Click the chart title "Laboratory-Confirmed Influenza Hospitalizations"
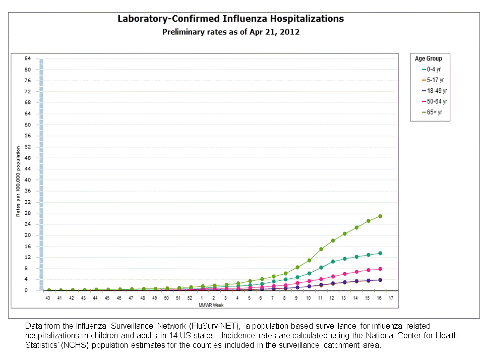click(230, 19)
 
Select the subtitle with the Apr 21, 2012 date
click(230, 32)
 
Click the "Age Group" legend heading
click(429, 58)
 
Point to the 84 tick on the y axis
click(28, 58)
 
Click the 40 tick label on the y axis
click(28, 180)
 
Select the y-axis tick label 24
click(28, 224)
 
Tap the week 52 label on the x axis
click(190, 298)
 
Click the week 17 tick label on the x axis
click(391, 298)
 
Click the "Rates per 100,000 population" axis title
click(18, 181)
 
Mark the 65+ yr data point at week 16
click(380, 216)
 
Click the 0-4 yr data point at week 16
click(380, 253)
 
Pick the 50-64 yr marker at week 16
click(380, 269)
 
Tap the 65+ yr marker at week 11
click(321, 249)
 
